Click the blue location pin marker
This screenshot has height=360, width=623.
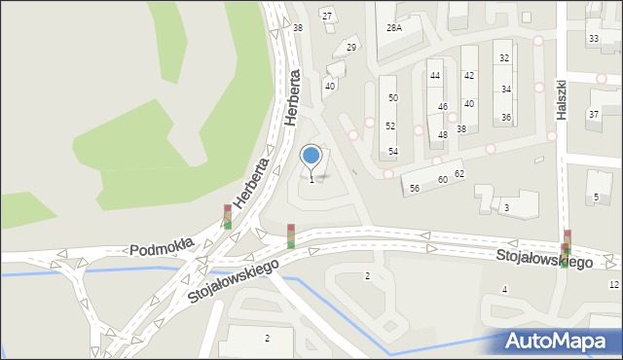pos(311,156)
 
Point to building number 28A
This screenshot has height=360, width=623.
pos(394,28)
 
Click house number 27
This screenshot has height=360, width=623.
pos(327,16)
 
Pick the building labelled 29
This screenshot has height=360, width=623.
pos(351,47)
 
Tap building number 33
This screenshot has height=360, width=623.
pos(593,38)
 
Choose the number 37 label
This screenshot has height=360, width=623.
pos(594,114)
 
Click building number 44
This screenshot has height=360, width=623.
pos(435,75)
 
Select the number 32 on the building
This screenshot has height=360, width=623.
pos(504,57)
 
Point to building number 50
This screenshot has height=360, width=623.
pos(392,97)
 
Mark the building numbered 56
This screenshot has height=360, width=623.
pos(414,188)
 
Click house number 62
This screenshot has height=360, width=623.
pos(459,173)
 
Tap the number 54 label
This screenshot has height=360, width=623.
pos(392,151)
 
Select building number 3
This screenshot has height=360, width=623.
pos(506,207)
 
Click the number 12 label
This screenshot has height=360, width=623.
pos(613,284)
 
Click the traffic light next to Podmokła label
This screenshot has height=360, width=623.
pos(228,216)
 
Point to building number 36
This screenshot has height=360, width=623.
pos(506,117)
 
